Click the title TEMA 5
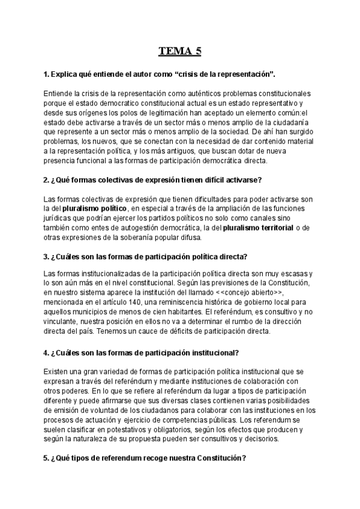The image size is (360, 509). [180, 51]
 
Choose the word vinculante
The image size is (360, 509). [61, 322]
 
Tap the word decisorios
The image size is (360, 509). [260, 439]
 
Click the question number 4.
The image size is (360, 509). [47, 352]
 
